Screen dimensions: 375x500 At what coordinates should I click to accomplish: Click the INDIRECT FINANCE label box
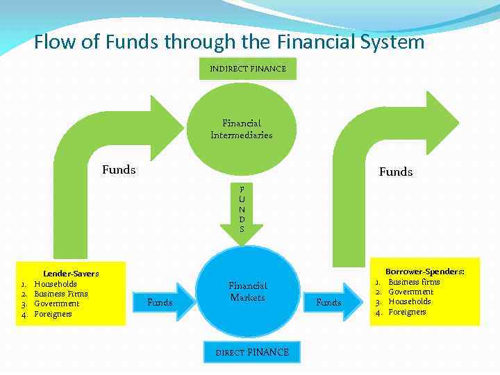click(x=248, y=69)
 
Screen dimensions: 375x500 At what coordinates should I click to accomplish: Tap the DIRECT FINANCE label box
click(x=252, y=352)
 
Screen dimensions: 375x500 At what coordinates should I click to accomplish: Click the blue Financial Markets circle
click(x=248, y=292)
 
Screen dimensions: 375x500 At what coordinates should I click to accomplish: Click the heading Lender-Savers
click(x=71, y=274)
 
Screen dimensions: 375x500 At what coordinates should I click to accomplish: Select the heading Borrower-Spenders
click(x=425, y=272)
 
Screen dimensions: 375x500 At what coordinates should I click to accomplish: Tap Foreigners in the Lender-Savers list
click(x=53, y=314)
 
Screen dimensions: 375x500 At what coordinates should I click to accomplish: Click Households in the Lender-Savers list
click(x=56, y=284)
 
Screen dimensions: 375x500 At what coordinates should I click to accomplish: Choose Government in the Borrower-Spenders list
click(x=410, y=292)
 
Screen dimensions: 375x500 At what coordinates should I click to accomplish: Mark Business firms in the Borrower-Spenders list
click(x=414, y=282)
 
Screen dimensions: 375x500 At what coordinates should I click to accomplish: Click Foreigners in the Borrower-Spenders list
click(x=407, y=312)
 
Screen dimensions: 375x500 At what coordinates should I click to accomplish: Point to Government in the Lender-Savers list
click(x=57, y=303)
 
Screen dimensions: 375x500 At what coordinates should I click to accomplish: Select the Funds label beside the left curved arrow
click(x=119, y=169)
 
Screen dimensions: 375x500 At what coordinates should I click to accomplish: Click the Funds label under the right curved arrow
click(x=395, y=172)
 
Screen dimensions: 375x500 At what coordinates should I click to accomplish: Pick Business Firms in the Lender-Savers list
click(x=61, y=294)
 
